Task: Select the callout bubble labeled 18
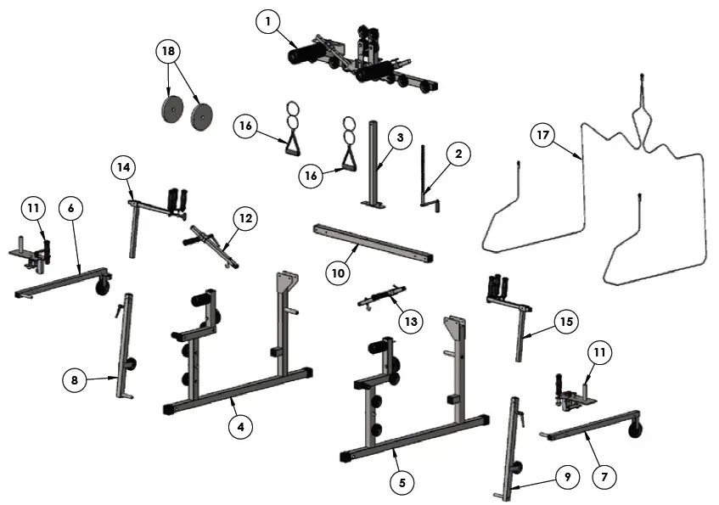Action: [168, 52]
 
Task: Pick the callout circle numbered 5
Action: [402, 482]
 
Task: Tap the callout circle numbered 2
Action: [458, 154]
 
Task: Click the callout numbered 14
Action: [123, 168]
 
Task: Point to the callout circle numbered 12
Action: [245, 219]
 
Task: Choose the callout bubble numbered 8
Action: [75, 380]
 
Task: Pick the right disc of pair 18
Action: [203, 116]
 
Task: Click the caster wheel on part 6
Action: [103, 289]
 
